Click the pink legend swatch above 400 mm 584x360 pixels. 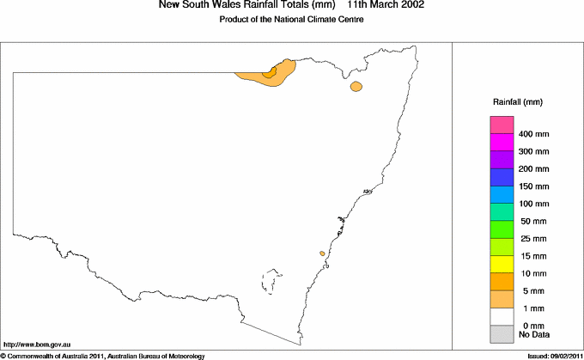click(501, 125)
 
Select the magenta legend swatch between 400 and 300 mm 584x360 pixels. click(501, 143)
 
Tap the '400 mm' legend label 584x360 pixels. click(534, 135)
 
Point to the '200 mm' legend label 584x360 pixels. click(534, 169)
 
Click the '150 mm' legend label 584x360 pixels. click(534, 186)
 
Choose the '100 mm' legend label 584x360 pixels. click(534, 204)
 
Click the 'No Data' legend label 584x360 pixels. click(534, 333)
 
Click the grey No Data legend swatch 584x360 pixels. click(501, 333)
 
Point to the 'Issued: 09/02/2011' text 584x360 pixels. click(555, 355)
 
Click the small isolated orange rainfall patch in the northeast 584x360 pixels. click(356, 86)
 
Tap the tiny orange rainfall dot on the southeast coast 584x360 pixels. click(322, 253)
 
